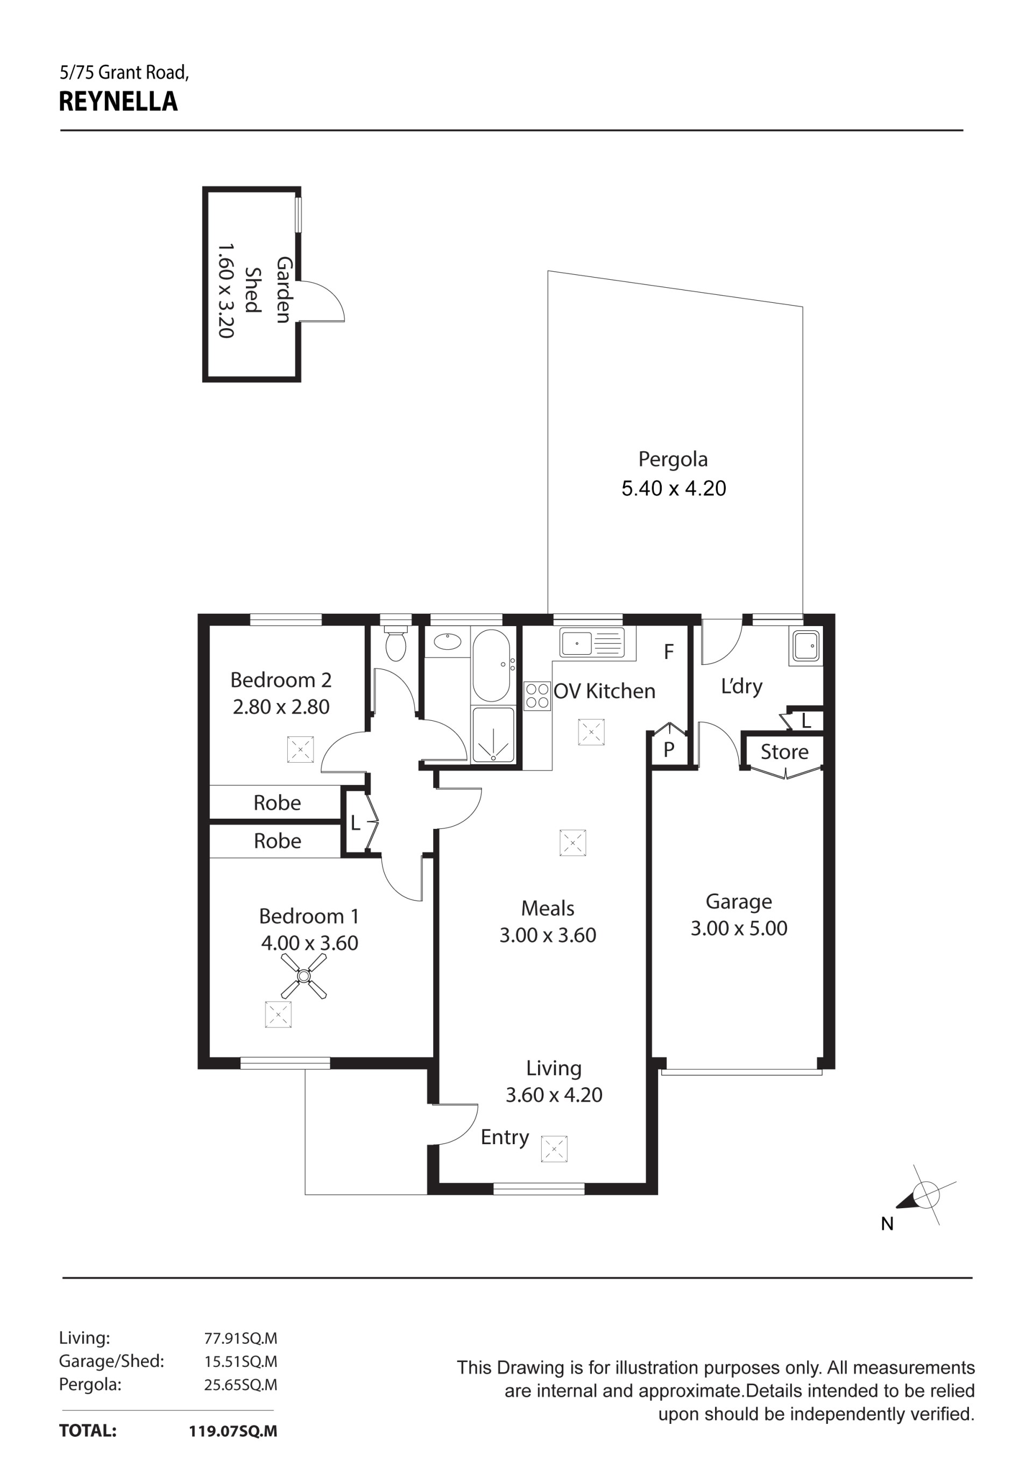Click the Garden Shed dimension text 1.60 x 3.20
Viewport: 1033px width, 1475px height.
(x=225, y=290)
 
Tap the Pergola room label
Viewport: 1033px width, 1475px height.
(x=673, y=460)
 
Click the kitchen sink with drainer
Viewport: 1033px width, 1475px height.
(x=592, y=642)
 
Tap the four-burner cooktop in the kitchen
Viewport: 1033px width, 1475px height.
(x=537, y=696)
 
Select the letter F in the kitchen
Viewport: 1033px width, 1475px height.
(x=669, y=652)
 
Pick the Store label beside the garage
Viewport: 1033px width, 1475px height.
(x=784, y=751)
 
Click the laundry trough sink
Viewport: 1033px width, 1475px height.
(x=805, y=646)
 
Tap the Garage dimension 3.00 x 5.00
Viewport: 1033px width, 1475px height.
(x=739, y=928)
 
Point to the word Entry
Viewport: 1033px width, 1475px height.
(x=505, y=1138)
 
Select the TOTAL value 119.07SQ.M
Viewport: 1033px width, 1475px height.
(x=233, y=1431)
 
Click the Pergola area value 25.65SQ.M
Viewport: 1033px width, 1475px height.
(x=241, y=1385)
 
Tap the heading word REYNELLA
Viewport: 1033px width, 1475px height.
(x=118, y=102)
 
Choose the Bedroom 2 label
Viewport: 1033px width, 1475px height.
(x=281, y=680)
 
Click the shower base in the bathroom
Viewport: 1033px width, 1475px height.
(x=493, y=735)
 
